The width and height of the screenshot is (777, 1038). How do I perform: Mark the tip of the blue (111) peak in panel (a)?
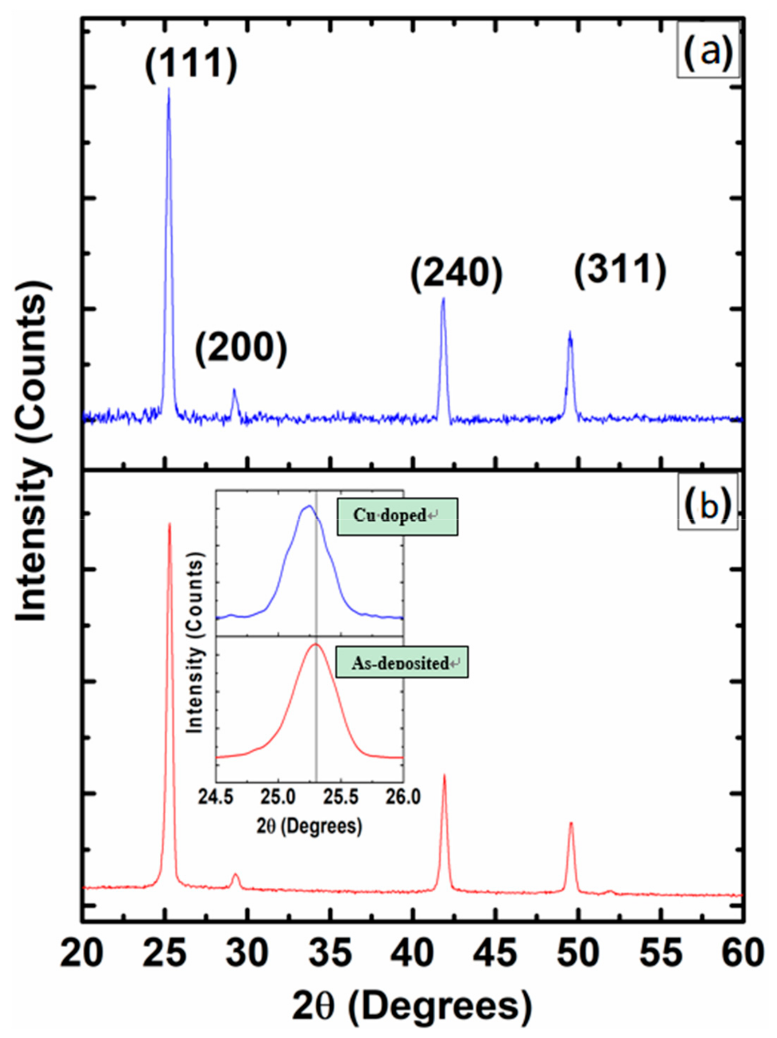pyautogui.click(x=168, y=88)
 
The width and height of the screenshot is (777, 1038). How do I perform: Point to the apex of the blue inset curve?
pyautogui.click(x=309, y=506)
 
